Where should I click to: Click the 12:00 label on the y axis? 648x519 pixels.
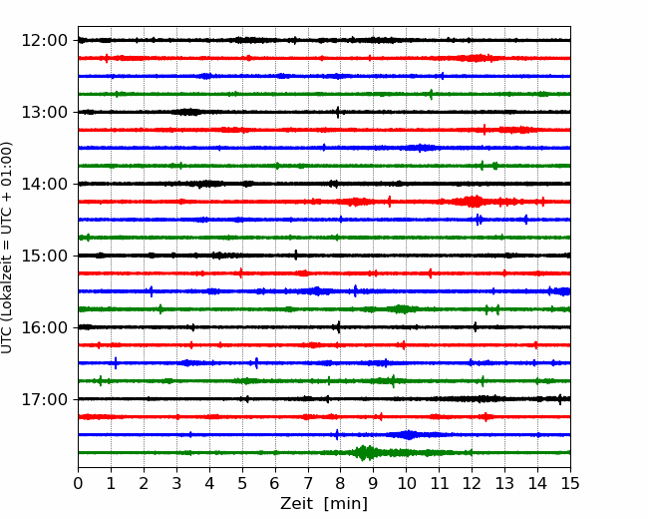(44, 41)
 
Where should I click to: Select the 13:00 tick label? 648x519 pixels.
(44, 112)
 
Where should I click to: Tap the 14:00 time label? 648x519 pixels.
(44, 184)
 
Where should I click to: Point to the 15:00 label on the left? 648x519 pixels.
(44, 256)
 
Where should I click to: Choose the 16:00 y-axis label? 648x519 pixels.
(44, 327)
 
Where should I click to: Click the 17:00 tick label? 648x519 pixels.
(44, 399)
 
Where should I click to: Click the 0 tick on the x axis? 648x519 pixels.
(78, 483)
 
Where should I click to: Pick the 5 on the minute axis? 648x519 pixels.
(242, 483)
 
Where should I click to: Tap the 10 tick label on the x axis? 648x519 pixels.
(406, 483)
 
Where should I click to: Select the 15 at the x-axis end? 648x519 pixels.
(570, 483)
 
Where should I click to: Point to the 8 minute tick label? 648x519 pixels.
(341, 483)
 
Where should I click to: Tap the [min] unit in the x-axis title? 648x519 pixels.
(346, 504)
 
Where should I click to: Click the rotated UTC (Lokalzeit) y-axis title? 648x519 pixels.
(6, 248)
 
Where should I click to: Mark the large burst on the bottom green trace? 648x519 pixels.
(365, 453)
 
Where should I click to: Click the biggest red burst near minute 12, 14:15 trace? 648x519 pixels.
(473, 202)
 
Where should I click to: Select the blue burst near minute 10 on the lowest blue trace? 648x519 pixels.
(409, 435)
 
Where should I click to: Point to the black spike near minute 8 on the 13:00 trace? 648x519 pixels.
(338, 112)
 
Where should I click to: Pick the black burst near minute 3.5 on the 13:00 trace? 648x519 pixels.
(186, 112)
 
